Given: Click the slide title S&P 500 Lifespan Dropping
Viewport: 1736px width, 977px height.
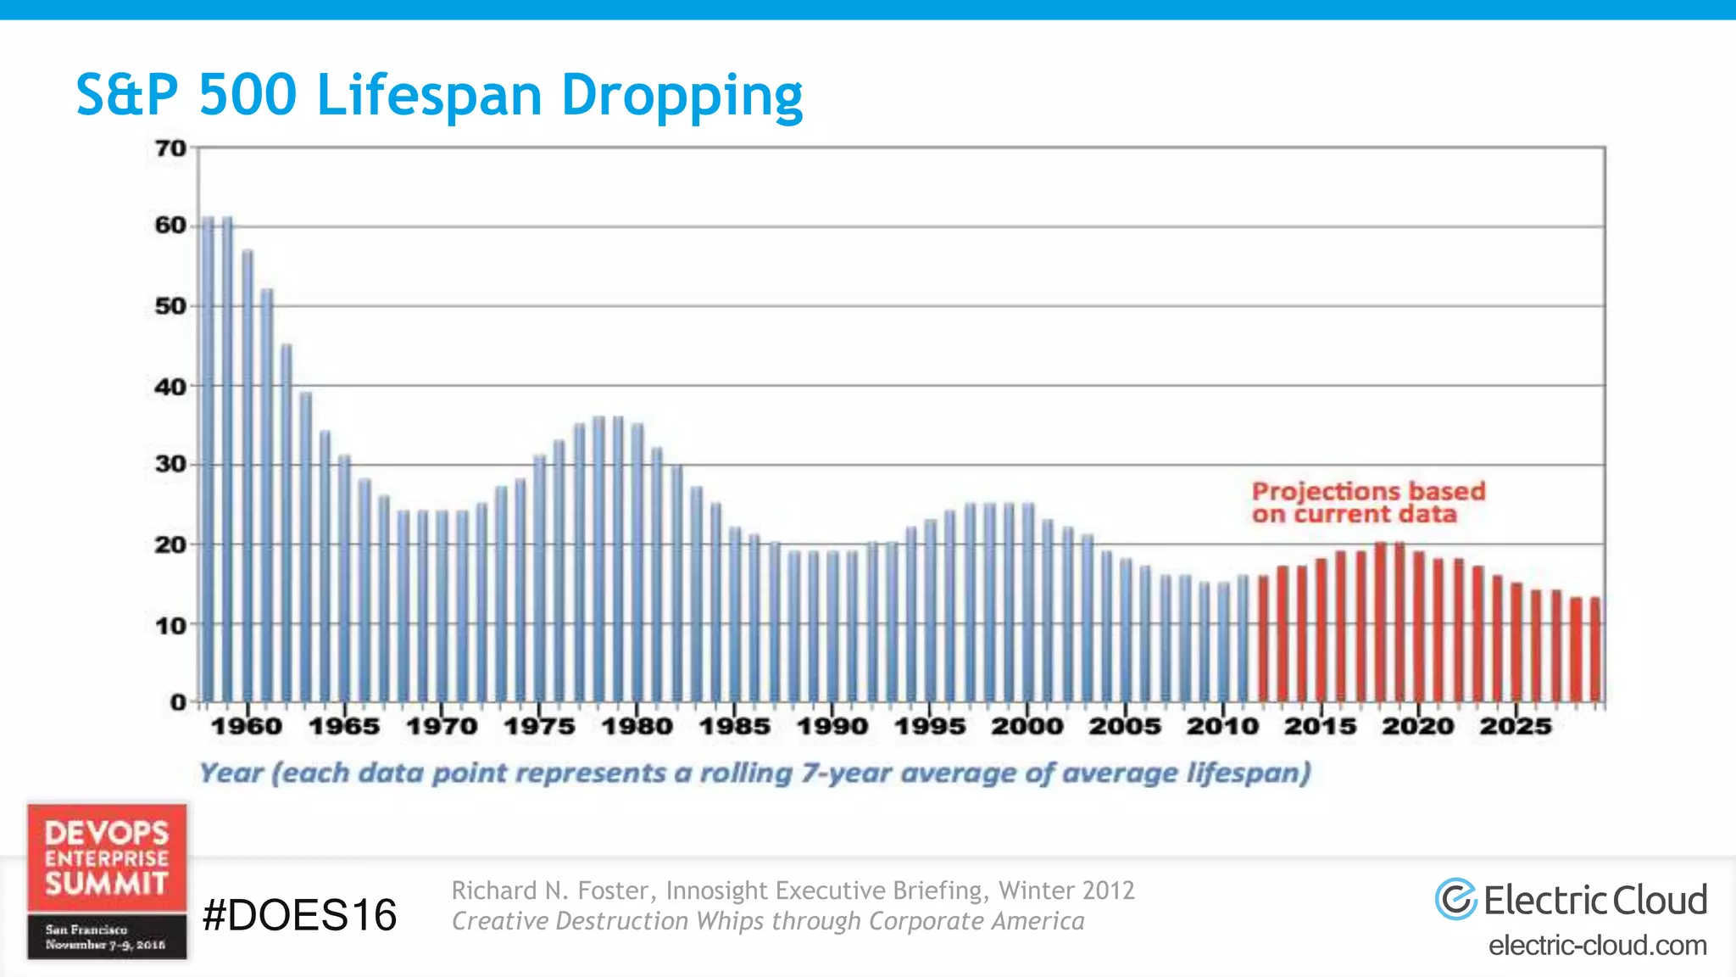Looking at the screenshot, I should pos(439,94).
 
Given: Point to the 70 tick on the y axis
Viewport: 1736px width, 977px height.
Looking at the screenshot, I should pos(170,148).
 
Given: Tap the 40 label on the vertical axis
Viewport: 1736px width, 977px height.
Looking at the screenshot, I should pos(170,387).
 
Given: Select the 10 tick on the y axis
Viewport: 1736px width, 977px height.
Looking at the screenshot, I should pos(170,626).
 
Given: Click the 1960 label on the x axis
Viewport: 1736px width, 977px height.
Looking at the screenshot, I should pos(247,726).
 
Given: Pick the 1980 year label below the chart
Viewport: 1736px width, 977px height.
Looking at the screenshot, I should pos(637,726).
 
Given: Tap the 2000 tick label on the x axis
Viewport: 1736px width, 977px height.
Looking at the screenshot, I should pos(1027,726).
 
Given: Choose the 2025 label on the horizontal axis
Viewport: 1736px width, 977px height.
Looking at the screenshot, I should pos(1516,726).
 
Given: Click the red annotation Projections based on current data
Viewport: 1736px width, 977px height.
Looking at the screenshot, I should pos(1368,502).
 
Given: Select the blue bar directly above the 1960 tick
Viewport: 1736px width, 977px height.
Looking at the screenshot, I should pos(248,475).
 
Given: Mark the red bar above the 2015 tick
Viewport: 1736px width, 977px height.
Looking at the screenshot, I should pos(1321,629).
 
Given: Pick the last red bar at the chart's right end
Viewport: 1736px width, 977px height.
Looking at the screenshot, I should pos(1594,649).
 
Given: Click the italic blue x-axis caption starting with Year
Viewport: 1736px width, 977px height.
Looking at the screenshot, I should pos(754,773).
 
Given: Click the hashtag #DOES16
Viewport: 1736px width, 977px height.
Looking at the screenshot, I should pos(299,915).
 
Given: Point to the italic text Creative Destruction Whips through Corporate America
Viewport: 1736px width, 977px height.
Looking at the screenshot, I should pos(768,921).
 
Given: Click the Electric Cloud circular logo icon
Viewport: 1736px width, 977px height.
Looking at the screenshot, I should pos(1455,899).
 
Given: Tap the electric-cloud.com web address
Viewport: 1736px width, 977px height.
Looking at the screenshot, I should pos(1597,945).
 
